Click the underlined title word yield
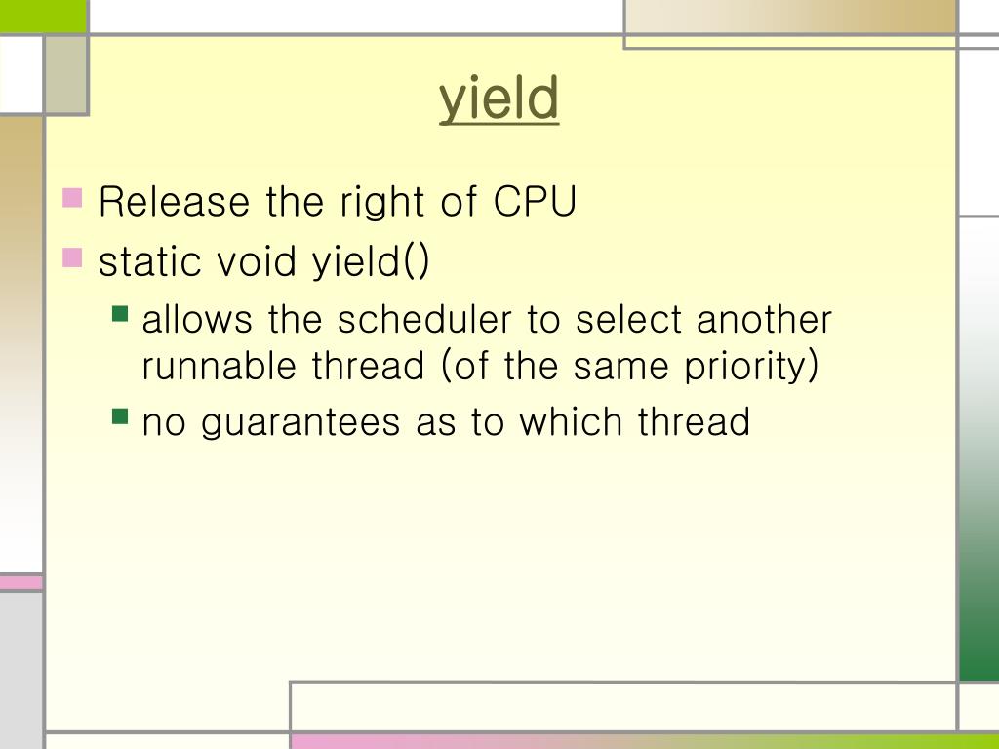click(499, 100)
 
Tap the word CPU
click(535, 203)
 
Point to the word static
click(149, 261)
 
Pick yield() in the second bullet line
click(371, 262)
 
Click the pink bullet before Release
click(73, 199)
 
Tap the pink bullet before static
click(73, 257)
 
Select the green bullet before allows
click(121, 314)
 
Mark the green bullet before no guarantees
click(121, 416)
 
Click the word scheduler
click(426, 320)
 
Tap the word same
click(618, 367)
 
